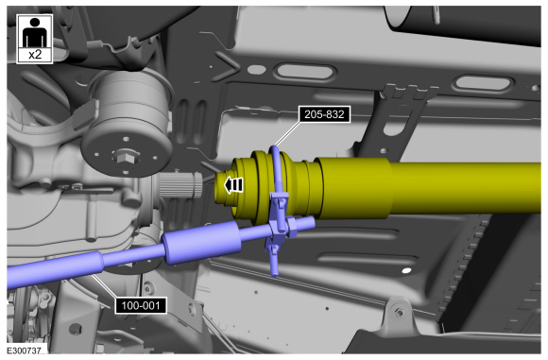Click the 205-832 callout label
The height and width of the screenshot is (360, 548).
[324, 114]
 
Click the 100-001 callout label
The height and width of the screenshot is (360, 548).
[141, 305]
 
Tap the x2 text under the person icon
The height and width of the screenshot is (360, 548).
[35, 55]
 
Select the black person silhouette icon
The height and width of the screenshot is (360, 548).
[35, 32]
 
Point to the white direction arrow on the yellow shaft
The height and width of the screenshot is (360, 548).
[233, 185]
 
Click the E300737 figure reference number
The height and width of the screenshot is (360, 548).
[25, 351]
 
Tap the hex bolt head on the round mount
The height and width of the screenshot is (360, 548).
[125, 157]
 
